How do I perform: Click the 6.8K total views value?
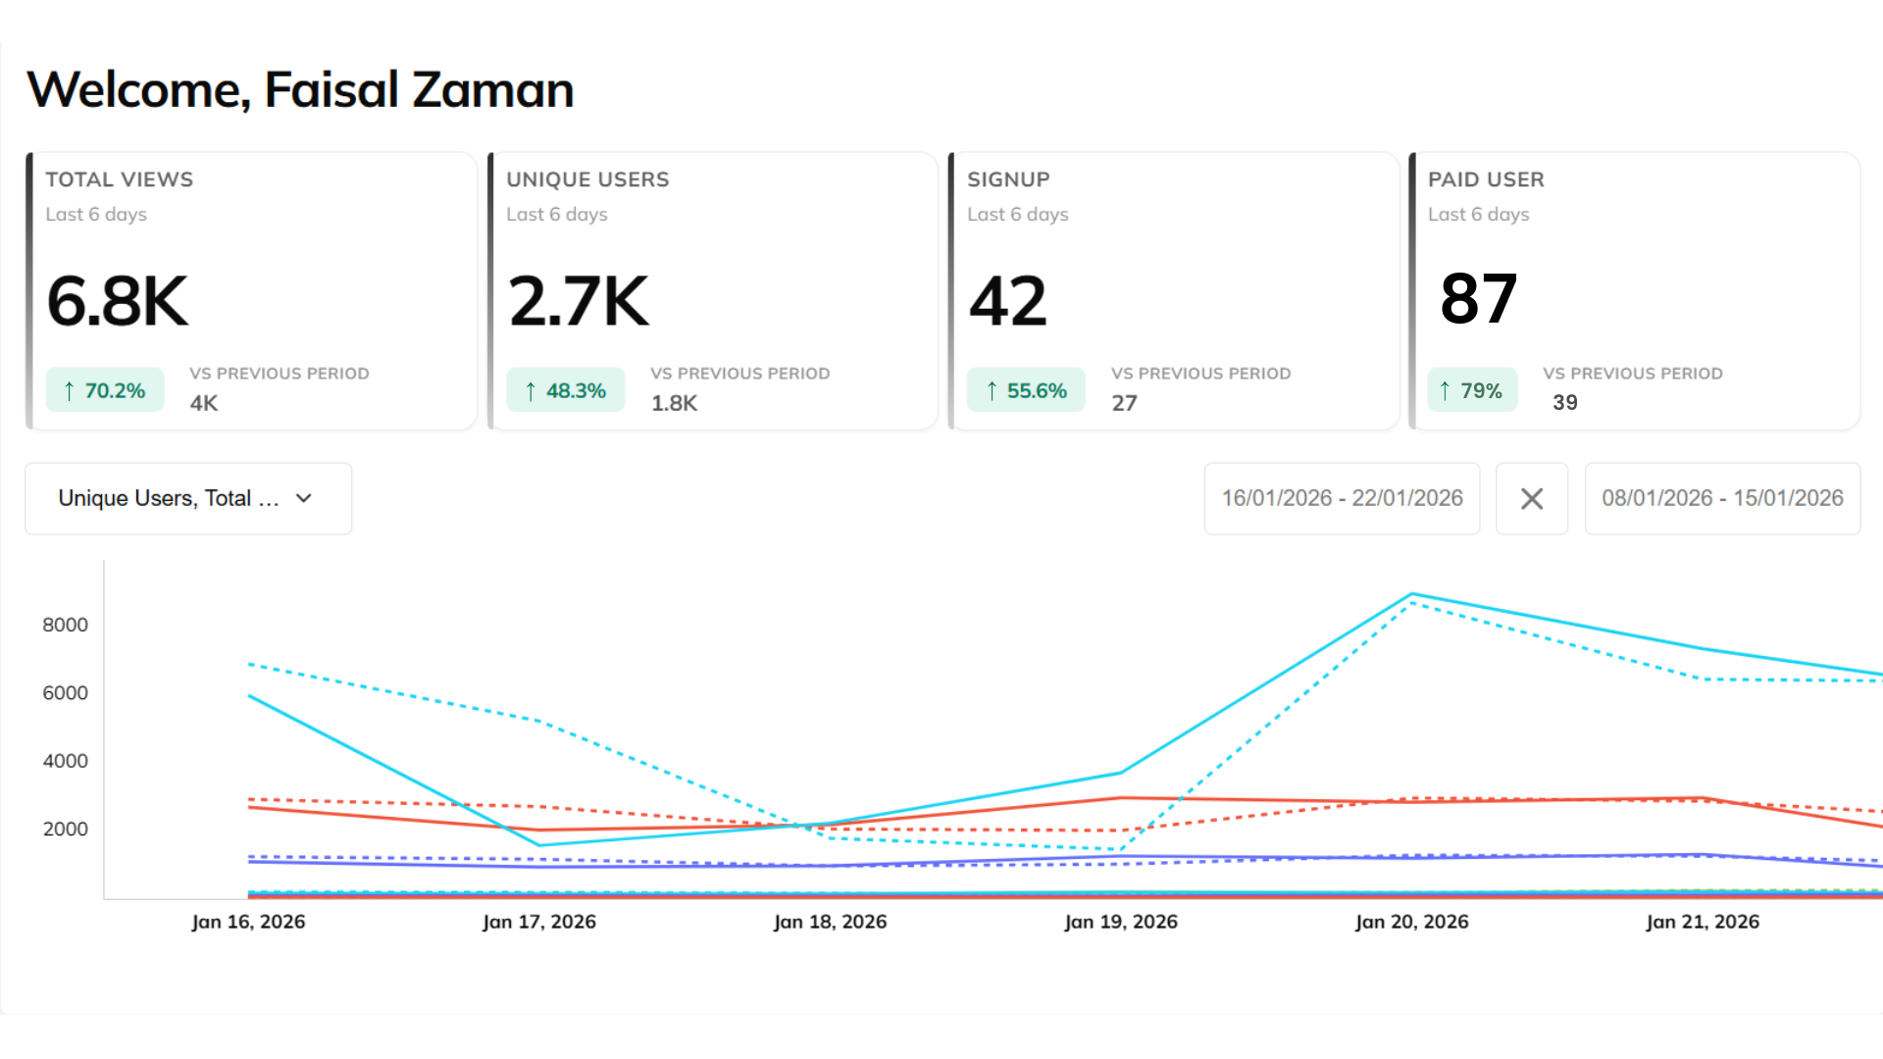click(117, 301)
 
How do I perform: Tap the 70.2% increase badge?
click(105, 390)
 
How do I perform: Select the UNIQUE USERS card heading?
click(587, 179)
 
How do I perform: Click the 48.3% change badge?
click(566, 390)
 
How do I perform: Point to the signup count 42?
click(1008, 301)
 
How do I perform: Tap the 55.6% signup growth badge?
click(1026, 390)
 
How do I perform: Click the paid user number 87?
click(1478, 299)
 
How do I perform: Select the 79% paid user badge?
click(1472, 390)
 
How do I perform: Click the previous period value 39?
click(1565, 402)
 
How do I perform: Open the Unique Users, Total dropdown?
click(187, 498)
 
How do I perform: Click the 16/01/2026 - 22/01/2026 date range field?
click(1342, 498)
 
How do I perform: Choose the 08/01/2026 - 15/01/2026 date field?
click(1722, 498)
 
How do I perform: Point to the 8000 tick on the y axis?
click(65, 625)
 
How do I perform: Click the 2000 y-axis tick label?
click(65, 829)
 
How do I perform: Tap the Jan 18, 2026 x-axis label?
click(830, 922)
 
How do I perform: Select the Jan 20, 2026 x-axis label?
click(1411, 922)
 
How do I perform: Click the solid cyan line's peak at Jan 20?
click(1411, 594)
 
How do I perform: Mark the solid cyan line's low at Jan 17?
click(539, 845)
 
